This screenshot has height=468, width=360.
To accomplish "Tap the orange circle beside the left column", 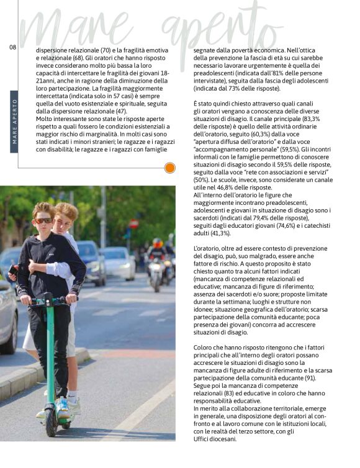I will tap(170, 168).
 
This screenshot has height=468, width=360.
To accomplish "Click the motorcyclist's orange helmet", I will tap(158, 243).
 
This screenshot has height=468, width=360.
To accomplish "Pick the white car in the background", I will tap(118, 261).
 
